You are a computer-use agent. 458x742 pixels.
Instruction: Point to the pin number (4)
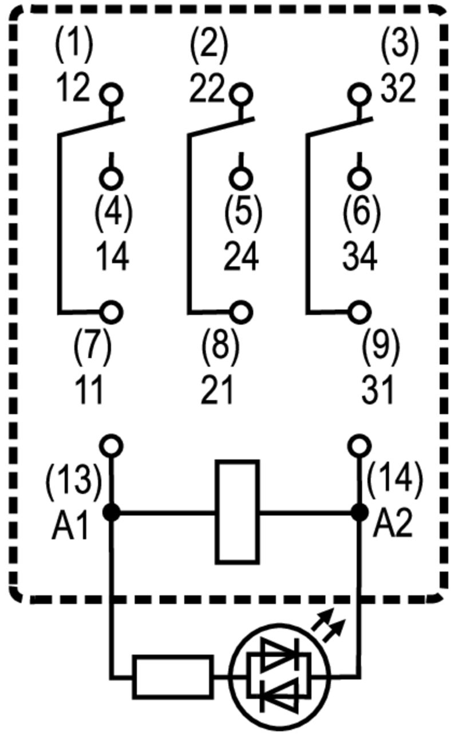[113, 211]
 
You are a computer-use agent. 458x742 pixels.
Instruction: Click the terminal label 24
[241, 257]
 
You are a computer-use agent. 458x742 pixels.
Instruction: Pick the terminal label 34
[360, 257]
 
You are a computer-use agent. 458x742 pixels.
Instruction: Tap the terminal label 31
[378, 391]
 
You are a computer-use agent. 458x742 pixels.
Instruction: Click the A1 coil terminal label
[70, 526]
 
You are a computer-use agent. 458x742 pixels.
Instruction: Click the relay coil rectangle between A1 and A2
[237, 512]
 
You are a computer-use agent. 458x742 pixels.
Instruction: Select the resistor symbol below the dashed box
[173, 677]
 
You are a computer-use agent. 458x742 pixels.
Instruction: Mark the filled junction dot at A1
[112, 512]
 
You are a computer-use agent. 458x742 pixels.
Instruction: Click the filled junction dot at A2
[359, 512]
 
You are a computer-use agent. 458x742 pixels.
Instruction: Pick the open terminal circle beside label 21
[241, 312]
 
